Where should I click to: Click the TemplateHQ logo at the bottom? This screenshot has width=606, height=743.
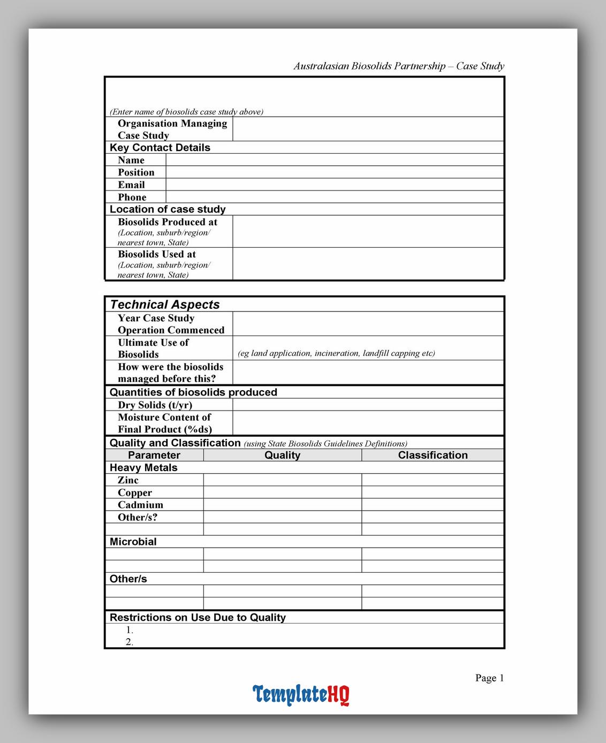301,694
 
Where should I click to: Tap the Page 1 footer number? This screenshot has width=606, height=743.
489,678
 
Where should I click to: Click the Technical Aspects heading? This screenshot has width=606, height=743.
165,305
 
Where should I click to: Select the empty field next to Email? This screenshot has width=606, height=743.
335,185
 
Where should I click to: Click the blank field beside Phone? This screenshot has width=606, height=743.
335,197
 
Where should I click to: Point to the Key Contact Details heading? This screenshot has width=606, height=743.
160,148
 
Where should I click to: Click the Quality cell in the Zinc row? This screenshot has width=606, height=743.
282,480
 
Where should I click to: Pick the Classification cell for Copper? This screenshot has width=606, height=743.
433,492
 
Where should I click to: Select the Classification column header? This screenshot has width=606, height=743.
433,455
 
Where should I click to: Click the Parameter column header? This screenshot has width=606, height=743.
154,455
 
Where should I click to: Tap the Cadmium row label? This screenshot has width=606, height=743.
140,505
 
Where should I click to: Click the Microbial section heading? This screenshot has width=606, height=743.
133,542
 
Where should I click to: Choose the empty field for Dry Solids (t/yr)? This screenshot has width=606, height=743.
368,405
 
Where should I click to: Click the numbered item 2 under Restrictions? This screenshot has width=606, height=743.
130,642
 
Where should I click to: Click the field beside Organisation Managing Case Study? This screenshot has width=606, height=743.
368,129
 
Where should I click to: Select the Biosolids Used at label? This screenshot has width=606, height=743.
157,254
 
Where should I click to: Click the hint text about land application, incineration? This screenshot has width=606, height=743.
336,353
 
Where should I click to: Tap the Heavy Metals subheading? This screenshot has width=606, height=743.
143,468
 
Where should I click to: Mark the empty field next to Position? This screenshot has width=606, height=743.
335,172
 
